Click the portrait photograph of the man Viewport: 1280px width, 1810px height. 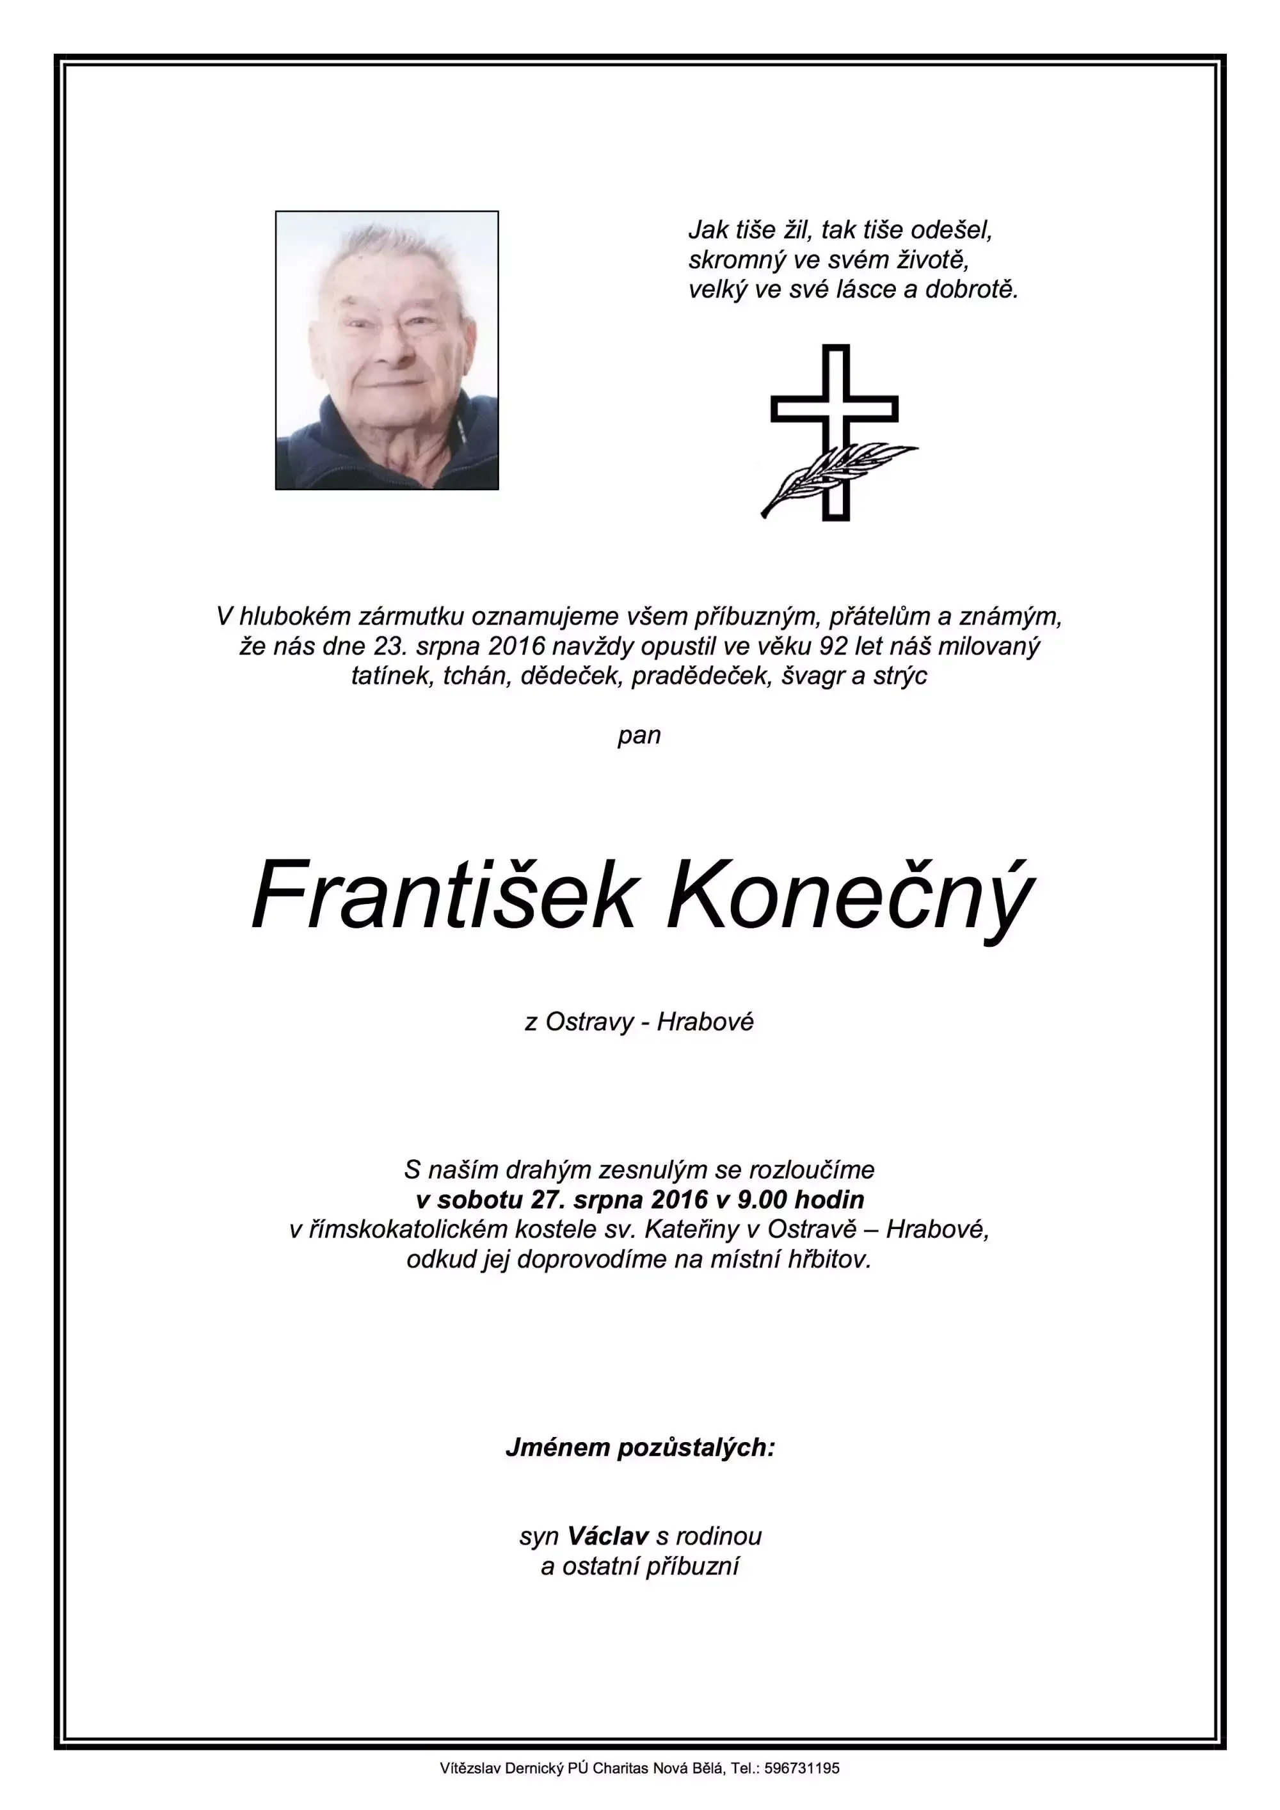point(387,350)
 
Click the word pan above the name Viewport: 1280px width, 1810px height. point(639,736)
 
